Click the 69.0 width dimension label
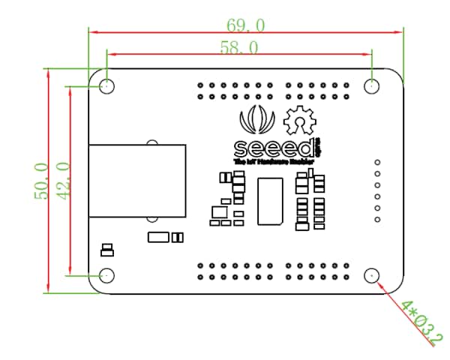coord(245,25)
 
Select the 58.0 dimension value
coord(239,47)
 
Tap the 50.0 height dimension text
coord(41,181)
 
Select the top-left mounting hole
coord(107,85)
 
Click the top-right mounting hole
coord(373,85)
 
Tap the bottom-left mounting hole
coord(107,275)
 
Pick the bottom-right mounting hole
coord(373,275)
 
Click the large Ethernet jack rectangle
coord(137,181)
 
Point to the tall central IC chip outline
coord(270,201)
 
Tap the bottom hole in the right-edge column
coord(378,220)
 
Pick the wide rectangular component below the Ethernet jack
coord(159,237)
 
